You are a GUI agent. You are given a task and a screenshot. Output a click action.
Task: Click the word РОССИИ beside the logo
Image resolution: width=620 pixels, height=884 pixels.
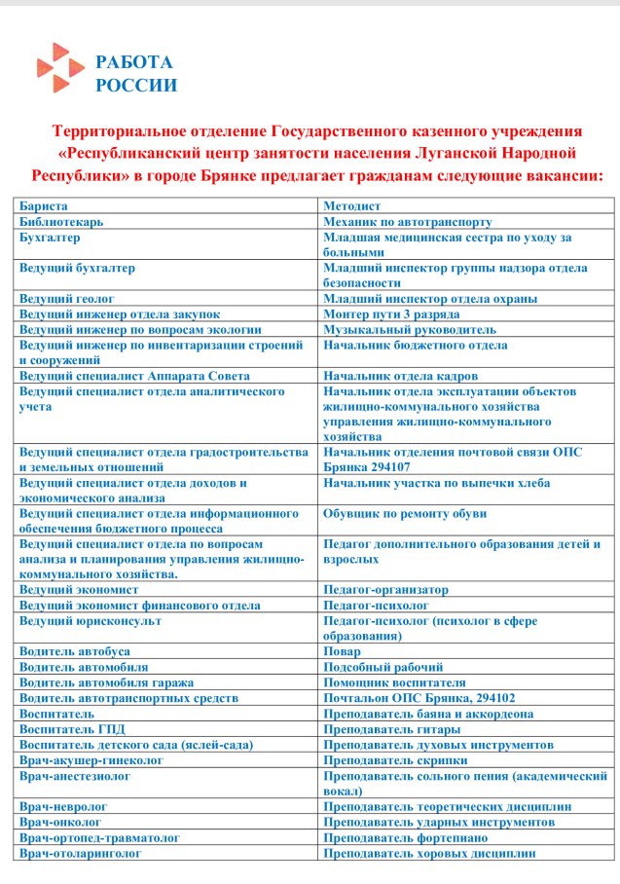[136, 85]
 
